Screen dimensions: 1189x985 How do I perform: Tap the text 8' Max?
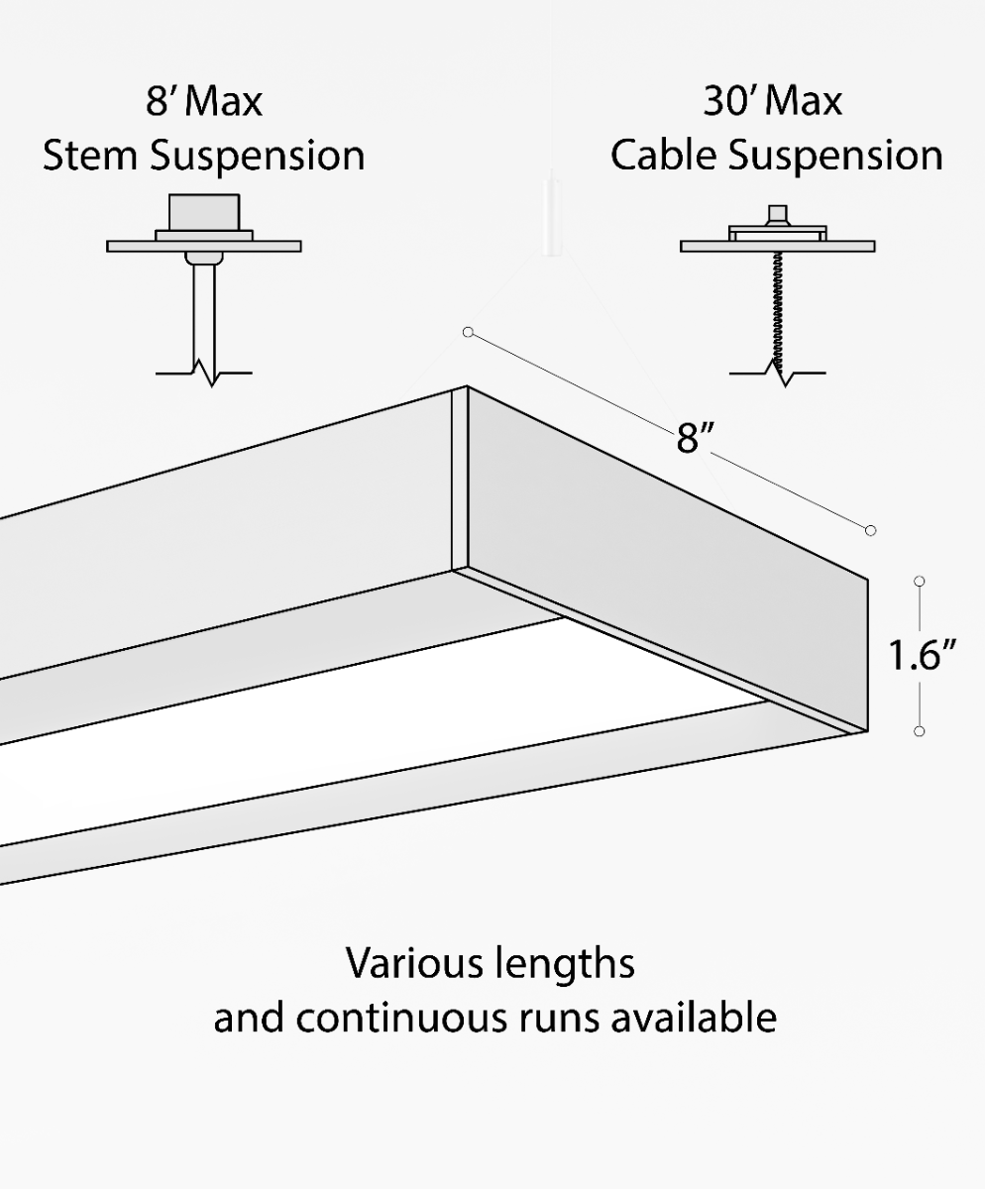(204, 102)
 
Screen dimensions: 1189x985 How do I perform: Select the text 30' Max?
(773, 102)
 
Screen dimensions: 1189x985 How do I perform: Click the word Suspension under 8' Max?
(257, 158)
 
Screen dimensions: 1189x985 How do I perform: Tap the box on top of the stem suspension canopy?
(204, 211)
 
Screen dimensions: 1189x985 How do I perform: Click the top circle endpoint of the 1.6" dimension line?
(920, 581)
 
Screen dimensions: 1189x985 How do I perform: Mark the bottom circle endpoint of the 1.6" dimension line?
(920, 731)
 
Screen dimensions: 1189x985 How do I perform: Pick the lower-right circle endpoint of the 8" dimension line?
(871, 531)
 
